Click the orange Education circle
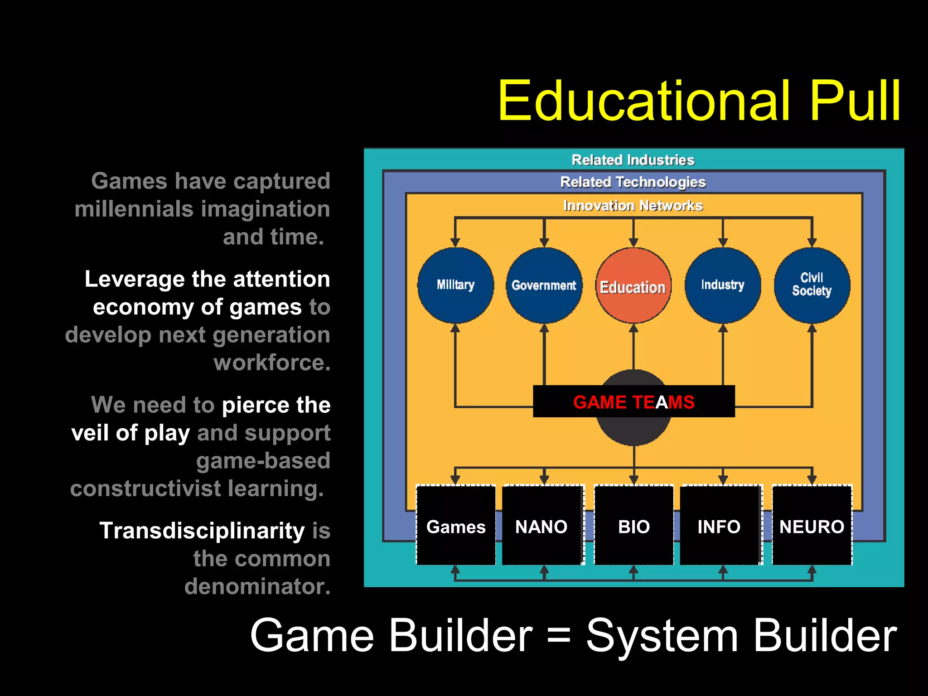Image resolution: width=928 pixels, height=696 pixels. pos(633,285)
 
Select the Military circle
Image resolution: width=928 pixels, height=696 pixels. pos(455,285)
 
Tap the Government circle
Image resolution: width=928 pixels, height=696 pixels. pos(544,285)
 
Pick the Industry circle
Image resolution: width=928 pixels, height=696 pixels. pos(723,285)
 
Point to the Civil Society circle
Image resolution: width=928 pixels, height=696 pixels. pos(812,285)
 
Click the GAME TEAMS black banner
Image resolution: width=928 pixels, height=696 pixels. pos(633,401)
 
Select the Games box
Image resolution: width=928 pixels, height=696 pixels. pos(456,526)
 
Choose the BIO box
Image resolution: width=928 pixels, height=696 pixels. pos(633,526)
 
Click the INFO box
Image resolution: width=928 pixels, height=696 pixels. pos(719,526)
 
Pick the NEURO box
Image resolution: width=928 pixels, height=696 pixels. pos(812,526)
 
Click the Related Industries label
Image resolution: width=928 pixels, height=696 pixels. pos(633,160)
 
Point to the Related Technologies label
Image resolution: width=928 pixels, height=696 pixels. pos(633,182)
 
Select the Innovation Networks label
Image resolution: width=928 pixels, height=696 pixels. pos(633,206)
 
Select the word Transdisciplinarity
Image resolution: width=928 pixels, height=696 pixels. pos(202,531)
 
